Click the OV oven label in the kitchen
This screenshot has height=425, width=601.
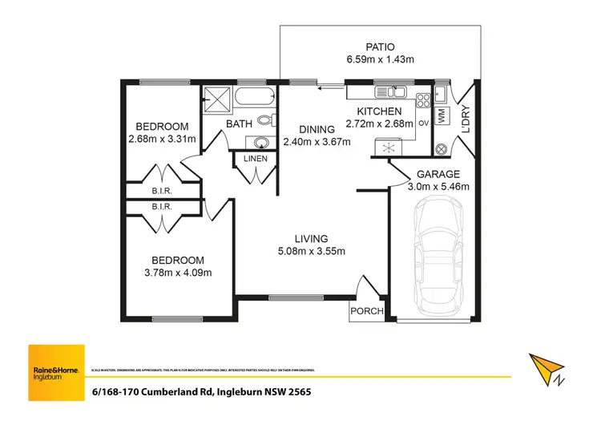[x=423, y=123]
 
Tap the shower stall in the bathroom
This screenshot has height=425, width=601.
[x=216, y=99]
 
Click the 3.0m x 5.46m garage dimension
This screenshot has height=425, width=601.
[x=438, y=187]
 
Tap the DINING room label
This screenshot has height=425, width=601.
[x=317, y=130]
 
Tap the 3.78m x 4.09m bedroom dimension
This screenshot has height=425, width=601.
[x=169, y=273]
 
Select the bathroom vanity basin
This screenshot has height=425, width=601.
[x=260, y=143]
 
